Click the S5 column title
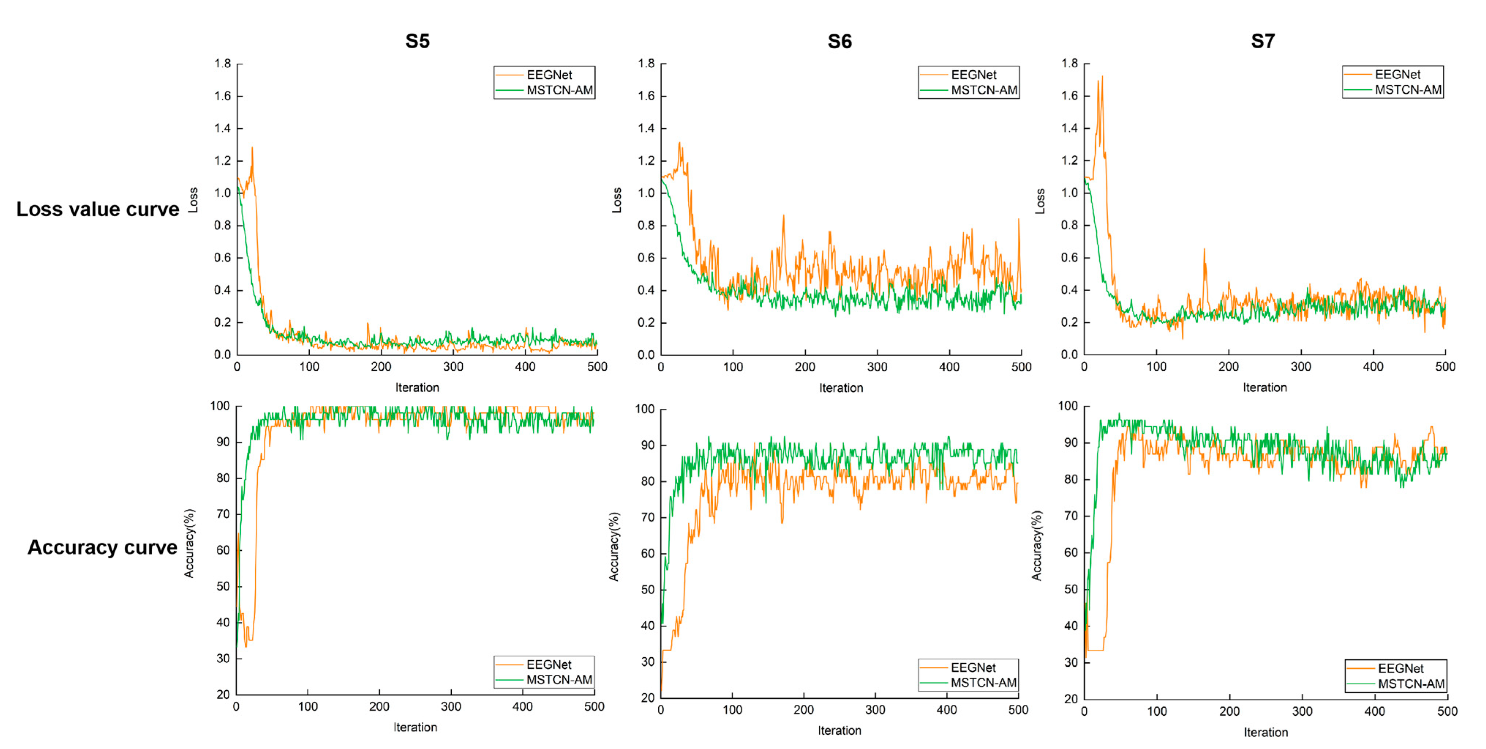pos(417,41)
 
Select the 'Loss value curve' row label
pos(98,209)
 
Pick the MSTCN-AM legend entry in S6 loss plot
pos(983,90)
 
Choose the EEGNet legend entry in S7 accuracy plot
pos(1400,668)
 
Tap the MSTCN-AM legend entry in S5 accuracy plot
pos(558,680)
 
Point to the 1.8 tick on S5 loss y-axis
pos(223,63)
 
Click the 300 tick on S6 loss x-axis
pos(877,366)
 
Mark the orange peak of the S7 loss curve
pos(1102,77)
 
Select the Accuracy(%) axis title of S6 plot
pos(614,546)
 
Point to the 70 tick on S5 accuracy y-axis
pos(223,514)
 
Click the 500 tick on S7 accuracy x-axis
pos(1447,711)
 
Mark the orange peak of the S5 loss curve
pos(252,148)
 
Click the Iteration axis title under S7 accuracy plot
pos(1265,732)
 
